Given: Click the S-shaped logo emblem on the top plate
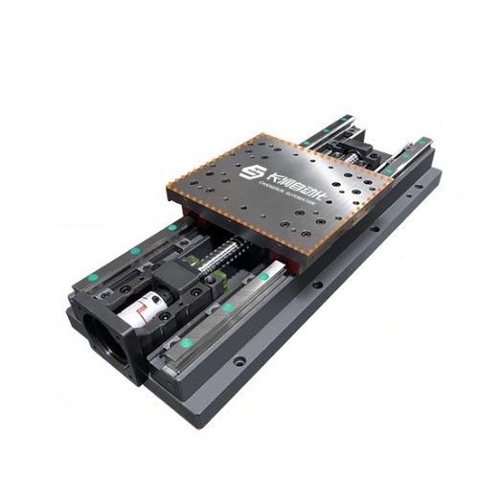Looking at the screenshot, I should [x=252, y=172].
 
